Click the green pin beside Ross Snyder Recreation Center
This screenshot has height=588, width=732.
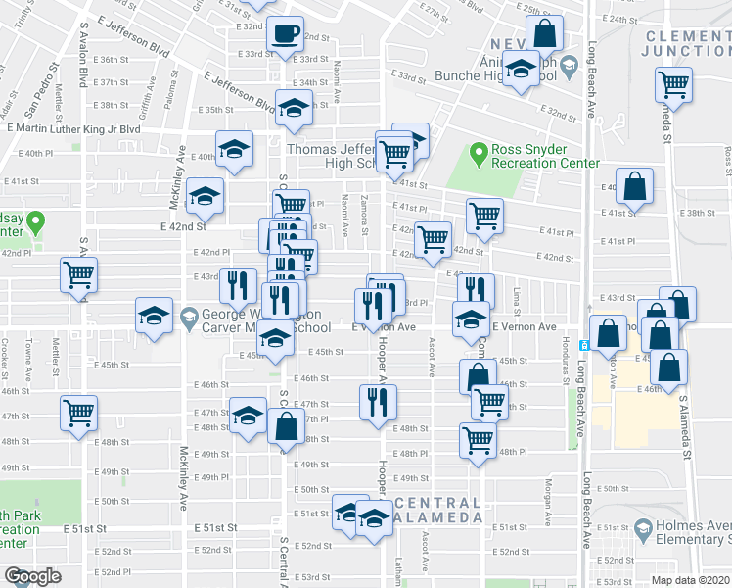pyautogui.click(x=479, y=154)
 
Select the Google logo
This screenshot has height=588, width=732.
pyautogui.click(x=32, y=576)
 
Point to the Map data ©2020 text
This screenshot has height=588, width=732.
pyautogui.click(x=690, y=580)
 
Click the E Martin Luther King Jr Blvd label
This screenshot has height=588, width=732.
pyautogui.click(x=73, y=128)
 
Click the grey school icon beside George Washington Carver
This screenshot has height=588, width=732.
pyautogui.click(x=189, y=317)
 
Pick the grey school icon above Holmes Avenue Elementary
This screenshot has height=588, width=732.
pyautogui.click(x=643, y=531)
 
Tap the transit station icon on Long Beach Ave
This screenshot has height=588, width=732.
pyautogui.click(x=583, y=345)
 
